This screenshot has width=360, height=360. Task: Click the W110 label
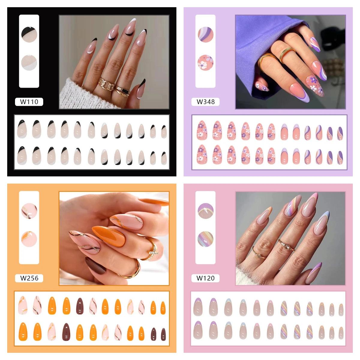(29, 102)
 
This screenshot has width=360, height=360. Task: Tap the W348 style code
(205, 102)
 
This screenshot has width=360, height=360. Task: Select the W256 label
(29, 278)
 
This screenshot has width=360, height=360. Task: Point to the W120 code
(205, 278)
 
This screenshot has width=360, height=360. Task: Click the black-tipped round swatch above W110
(29, 34)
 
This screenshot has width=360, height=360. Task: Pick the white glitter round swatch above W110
(29, 62)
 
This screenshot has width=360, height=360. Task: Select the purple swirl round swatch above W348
(205, 34)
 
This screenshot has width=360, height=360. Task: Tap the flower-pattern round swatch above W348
(205, 62)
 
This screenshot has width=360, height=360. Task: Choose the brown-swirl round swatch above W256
(29, 211)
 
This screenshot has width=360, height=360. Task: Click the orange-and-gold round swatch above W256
(29, 239)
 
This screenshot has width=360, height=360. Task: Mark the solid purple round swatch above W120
(205, 211)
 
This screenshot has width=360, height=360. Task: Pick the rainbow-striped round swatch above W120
(205, 239)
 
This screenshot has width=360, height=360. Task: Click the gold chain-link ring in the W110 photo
(106, 84)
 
